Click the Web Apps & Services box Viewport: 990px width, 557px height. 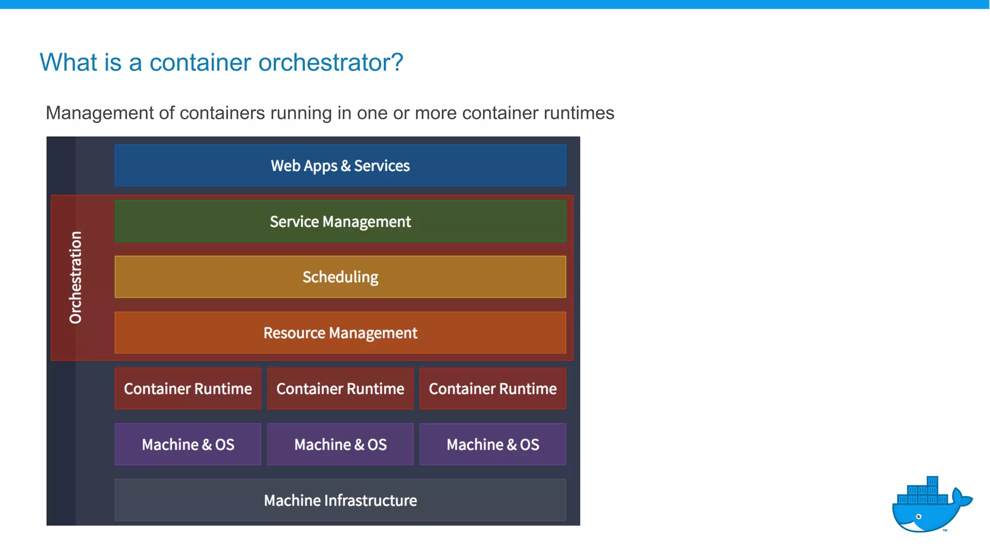(340, 165)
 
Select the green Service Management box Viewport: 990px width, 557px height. (340, 221)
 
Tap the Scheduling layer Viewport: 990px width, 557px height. (340, 277)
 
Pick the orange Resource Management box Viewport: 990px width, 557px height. (340, 333)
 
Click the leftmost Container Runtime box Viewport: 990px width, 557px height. (188, 389)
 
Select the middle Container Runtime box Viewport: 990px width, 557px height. (340, 389)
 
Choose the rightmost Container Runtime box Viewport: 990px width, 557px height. (493, 389)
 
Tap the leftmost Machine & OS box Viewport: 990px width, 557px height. (188, 444)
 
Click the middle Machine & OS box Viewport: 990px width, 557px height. (340, 444)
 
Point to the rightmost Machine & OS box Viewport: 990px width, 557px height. (493, 444)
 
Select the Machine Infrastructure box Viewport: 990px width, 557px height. (340, 500)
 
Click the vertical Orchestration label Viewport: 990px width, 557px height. (75, 278)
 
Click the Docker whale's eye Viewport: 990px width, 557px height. (918, 517)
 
